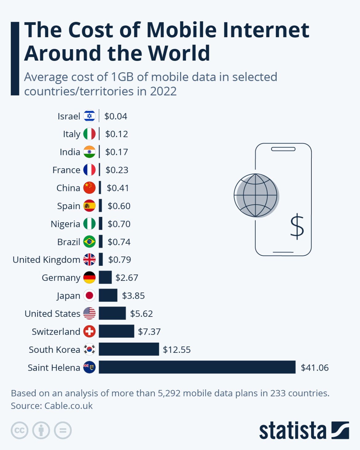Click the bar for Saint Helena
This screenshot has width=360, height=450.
coord(197,367)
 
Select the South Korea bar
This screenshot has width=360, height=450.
coord(129,349)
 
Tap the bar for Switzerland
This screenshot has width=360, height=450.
coord(116,331)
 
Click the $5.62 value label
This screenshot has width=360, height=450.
coord(141,313)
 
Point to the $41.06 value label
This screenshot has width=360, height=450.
coord(314,368)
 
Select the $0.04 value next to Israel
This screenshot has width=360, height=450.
coord(116,116)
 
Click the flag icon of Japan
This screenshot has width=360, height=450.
coord(90,296)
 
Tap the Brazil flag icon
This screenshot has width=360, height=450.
coord(90,242)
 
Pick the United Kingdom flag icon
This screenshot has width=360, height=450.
coord(90,260)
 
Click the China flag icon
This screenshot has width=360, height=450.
coord(90,188)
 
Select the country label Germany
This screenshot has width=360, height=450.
coord(61,278)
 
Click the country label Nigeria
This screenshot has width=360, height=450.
coord(65,224)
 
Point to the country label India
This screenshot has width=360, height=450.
coord(70,152)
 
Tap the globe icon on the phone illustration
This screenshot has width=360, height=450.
coord(256,195)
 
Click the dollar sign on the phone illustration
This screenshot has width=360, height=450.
coord(297,226)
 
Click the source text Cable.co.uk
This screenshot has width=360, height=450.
coord(68,406)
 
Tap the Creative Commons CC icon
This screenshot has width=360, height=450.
coord(19,430)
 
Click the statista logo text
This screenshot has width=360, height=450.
coord(292,430)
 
